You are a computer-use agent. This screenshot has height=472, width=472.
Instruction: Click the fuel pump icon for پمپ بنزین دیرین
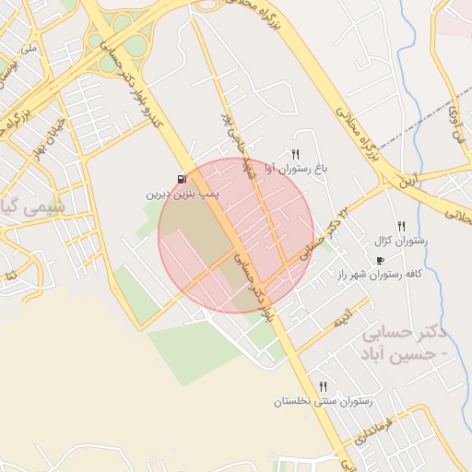point(181,179)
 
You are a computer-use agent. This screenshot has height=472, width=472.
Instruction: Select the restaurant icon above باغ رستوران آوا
point(296,154)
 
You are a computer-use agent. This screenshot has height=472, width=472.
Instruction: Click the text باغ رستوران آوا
point(296,170)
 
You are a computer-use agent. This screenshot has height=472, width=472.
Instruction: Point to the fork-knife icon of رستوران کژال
point(401,226)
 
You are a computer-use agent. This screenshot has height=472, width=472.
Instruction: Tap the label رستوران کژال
point(403,242)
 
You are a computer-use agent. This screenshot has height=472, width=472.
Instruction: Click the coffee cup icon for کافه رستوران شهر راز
point(382,261)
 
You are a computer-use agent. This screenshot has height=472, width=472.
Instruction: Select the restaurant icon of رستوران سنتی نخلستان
point(323,386)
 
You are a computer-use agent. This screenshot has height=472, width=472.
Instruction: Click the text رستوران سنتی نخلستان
point(323,402)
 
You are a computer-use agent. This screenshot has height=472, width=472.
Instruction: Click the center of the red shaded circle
point(236,235)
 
